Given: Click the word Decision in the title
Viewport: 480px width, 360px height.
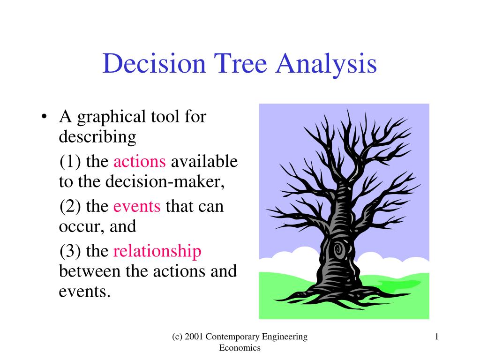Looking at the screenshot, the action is pyautogui.click(x=154, y=63).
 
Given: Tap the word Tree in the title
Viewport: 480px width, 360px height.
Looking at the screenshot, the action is pyautogui.click(x=240, y=63).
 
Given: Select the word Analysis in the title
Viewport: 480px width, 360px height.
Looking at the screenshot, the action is pyautogui.click(x=326, y=65).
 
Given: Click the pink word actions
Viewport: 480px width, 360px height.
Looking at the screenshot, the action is pyautogui.click(x=140, y=161).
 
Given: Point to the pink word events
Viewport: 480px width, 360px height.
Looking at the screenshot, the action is pyautogui.click(x=137, y=206).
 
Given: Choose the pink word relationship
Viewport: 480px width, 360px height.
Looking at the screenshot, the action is pyautogui.click(x=157, y=252).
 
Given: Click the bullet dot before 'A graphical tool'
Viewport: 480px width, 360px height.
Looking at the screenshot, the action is pyautogui.click(x=45, y=117).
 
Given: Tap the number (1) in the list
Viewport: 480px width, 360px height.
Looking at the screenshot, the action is pyautogui.click(x=70, y=162).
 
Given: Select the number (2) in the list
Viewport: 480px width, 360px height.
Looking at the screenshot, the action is pyautogui.click(x=70, y=206).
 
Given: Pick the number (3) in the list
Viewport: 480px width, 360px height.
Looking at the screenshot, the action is pyautogui.click(x=70, y=251).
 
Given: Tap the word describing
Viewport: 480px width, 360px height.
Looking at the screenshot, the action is pyautogui.click(x=97, y=137).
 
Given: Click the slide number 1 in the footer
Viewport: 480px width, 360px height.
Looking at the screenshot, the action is pyautogui.click(x=436, y=337).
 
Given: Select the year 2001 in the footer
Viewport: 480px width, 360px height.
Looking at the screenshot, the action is pyautogui.click(x=194, y=337).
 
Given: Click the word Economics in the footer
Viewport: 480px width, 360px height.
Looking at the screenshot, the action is pyautogui.click(x=240, y=348).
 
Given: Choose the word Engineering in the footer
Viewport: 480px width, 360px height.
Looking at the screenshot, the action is pyautogui.click(x=285, y=337).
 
